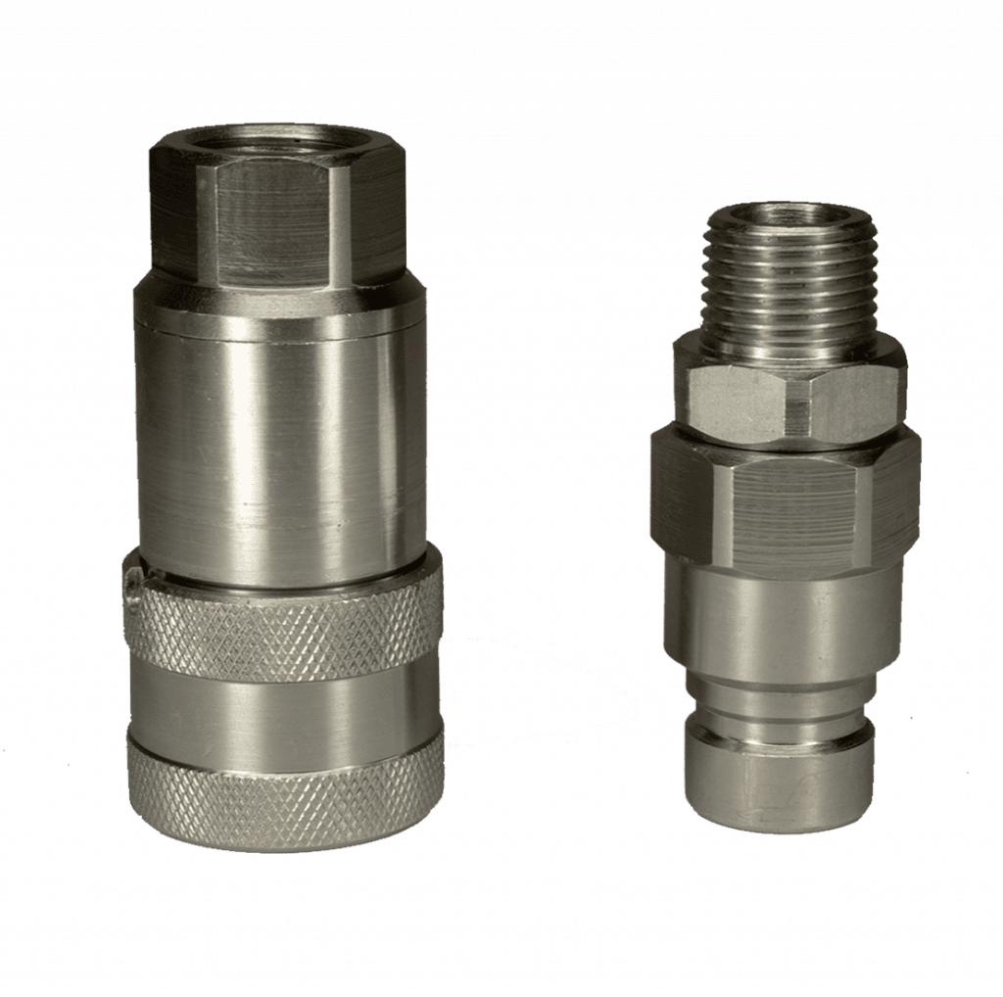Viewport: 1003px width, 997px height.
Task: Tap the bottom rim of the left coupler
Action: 284,832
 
